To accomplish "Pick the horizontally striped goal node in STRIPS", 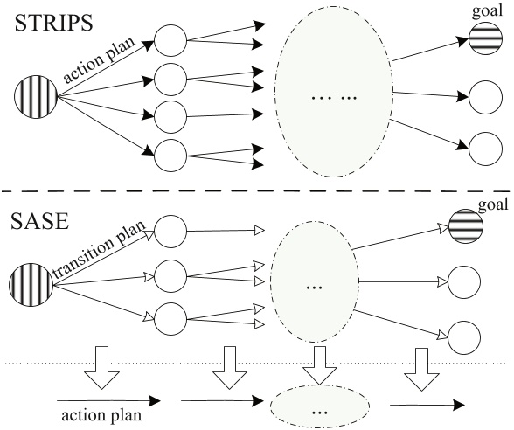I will click(x=482, y=38).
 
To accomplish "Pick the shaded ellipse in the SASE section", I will click(x=314, y=284).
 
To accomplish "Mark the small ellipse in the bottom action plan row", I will click(x=320, y=408).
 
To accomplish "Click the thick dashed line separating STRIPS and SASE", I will click(x=257, y=192).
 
